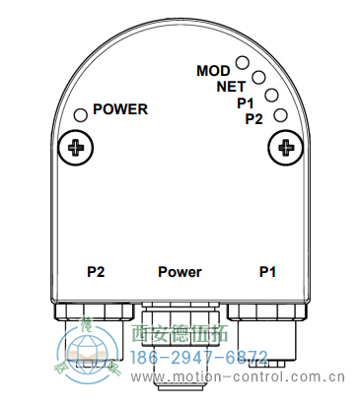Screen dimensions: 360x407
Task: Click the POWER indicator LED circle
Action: [80, 114]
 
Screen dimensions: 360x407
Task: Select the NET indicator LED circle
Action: [259, 77]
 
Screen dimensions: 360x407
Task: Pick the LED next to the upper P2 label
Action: [280, 115]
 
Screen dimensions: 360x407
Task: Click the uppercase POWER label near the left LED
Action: [120, 109]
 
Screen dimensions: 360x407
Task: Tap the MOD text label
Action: [213, 71]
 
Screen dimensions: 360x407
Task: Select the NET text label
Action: [231, 86]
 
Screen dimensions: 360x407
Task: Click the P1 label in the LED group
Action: [246, 102]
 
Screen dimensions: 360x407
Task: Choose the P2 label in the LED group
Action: [253, 119]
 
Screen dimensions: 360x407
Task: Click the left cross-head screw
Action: [75, 149]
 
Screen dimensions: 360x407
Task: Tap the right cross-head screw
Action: [287, 149]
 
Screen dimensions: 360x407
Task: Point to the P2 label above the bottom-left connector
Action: [96, 271]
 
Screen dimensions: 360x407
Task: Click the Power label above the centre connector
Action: [180, 271]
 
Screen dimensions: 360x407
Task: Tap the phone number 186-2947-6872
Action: [198, 356]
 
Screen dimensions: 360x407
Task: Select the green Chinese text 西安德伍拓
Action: [182, 335]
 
